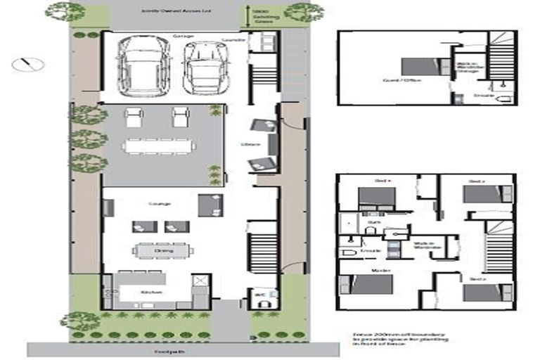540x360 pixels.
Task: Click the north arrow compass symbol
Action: (x=28, y=64)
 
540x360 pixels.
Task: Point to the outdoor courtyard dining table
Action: (x=159, y=146)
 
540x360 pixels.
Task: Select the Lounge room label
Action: (x=160, y=204)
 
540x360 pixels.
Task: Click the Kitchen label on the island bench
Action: (x=151, y=292)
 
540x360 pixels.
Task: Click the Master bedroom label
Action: (x=370, y=269)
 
